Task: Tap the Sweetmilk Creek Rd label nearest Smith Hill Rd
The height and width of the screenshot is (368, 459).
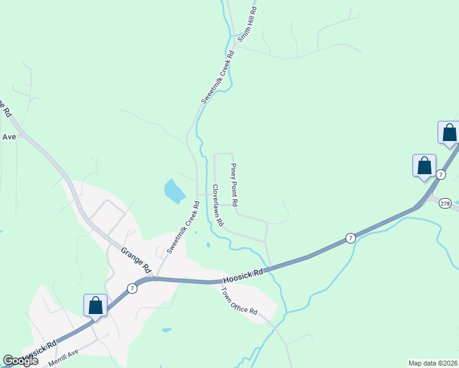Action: [218, 78]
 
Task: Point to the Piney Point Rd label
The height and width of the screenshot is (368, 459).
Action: [234, 184]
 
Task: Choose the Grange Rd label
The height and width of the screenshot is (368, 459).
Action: [136, 260]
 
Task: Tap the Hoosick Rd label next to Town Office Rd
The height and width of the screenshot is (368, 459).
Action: [243, 274]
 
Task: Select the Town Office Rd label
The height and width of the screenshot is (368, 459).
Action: [239, 301]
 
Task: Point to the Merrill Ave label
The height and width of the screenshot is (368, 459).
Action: [64, 358]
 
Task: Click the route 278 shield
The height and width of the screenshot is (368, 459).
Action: [445, 203]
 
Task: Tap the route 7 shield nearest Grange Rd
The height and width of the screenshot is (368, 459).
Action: [131, 288]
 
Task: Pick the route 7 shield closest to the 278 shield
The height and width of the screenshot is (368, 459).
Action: [441, 175]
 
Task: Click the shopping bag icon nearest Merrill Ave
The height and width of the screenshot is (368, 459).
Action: [96, 305]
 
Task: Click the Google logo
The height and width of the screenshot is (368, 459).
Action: [20, 361]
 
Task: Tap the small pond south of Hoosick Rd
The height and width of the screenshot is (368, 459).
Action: [167, 330]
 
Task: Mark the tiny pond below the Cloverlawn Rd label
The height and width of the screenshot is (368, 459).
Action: [208, 245]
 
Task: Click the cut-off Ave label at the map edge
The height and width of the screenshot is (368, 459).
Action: [8, 137]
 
